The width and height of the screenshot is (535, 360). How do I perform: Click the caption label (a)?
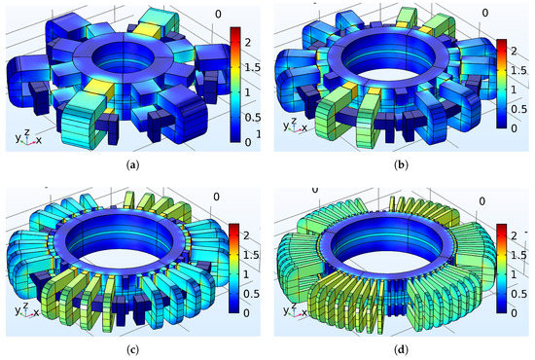click(132, 165)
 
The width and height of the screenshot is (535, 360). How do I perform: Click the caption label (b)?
click(401, 165)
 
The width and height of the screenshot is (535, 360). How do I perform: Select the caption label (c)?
click(132, 349)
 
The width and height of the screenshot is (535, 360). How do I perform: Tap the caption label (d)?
click(401, 349)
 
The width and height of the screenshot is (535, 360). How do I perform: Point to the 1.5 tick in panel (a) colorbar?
click(253, 67)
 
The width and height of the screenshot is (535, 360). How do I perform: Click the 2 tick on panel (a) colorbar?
click(248, 42)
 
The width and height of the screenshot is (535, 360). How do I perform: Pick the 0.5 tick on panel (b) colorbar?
click(518, 109)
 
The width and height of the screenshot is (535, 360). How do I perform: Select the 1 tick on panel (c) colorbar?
click(246, 274)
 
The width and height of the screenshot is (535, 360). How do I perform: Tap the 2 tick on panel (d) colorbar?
click(514, 235)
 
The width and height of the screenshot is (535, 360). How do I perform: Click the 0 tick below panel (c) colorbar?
click(246, 313)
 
